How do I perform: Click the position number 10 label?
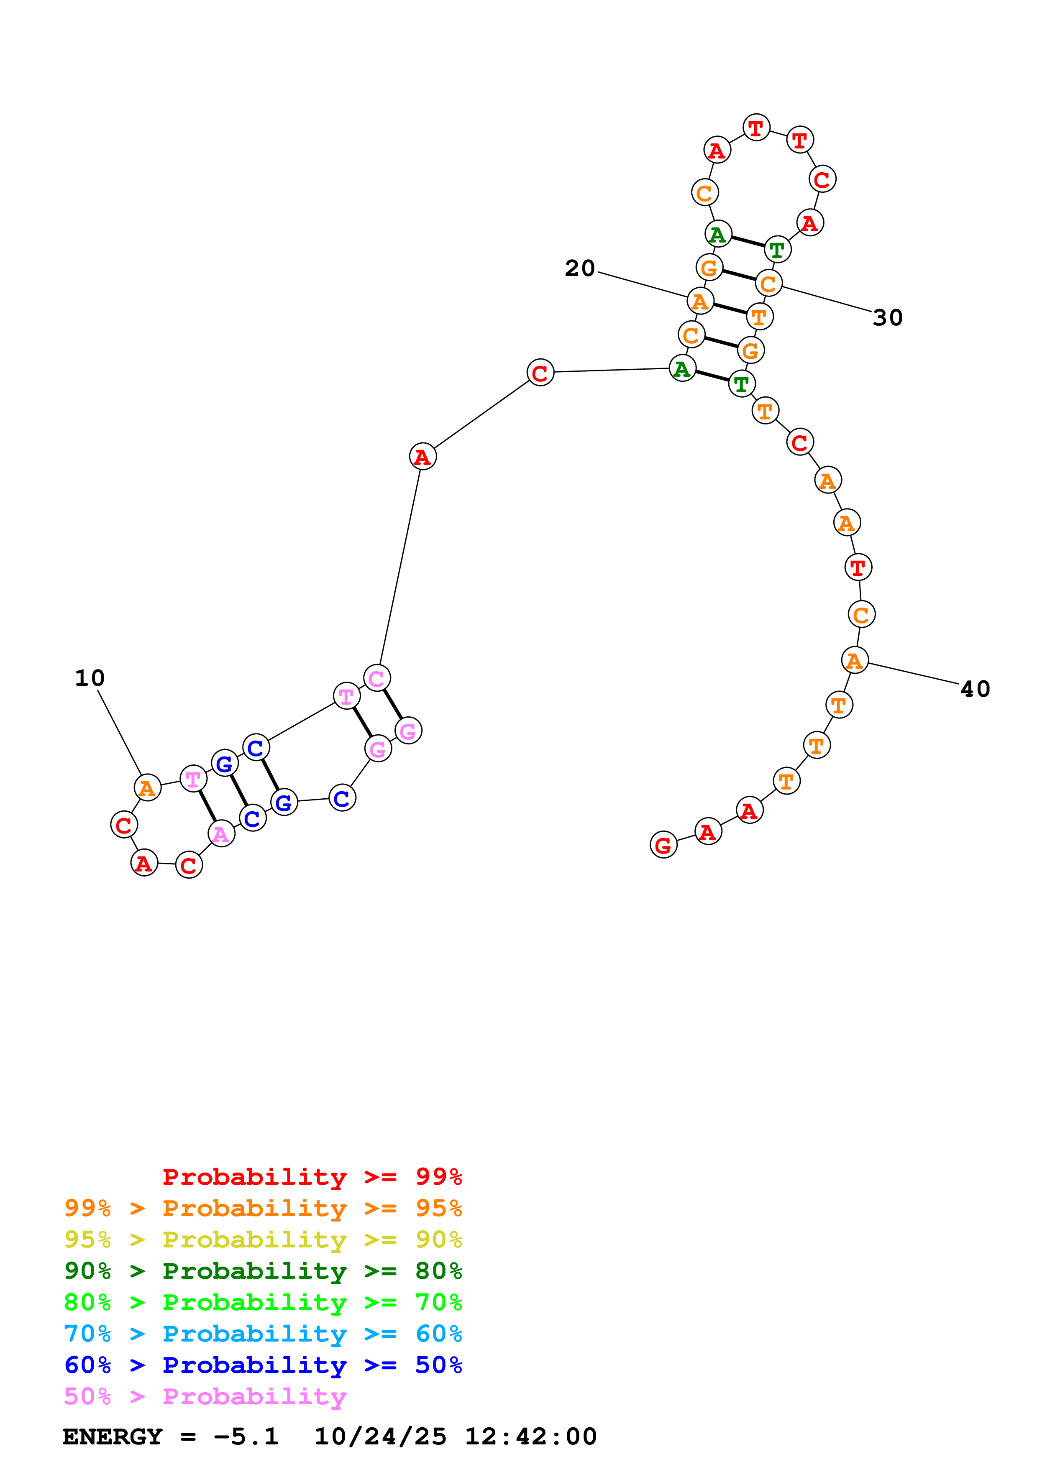[x=90, y=678]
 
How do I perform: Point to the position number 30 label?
[x=888, y=317]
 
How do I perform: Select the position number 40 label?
[x=975, y=689]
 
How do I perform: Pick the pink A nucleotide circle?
[x=221, y=834]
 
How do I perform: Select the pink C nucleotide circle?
[x=377, y=678]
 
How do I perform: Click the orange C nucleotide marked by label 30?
[x=768, y=284]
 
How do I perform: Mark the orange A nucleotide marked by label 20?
[x=700, y=301]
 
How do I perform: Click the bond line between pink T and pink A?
[x=207, y=806]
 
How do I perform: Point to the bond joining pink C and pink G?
[x=392, y=704]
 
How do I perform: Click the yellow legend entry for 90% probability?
[x=263, y=1240]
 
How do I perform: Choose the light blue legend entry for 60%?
[x=263, y=1334]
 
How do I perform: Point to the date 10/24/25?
[x=380, y=1437]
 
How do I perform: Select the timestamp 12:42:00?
[x=530, y=1437]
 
